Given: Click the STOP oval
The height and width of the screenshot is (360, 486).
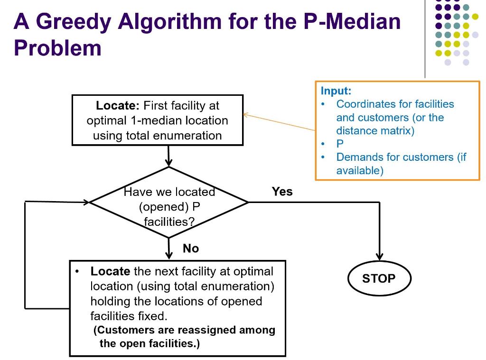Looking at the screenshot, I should (379, 279).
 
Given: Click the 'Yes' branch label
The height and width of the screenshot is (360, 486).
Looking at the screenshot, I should (282, 192).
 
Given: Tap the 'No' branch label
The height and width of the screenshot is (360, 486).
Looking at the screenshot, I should (190, 249).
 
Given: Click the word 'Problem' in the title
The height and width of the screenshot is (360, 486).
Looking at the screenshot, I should (57, 48).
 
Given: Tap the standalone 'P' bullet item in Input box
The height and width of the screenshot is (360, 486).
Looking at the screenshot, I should (340, 144).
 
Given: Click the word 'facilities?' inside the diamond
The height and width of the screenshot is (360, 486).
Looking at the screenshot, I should (169, 222).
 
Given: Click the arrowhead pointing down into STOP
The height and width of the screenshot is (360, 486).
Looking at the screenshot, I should (380, 255).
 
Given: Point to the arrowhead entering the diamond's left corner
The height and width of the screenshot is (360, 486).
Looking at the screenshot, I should (85, 202).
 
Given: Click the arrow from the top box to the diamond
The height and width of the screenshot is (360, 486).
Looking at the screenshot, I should (168, 156).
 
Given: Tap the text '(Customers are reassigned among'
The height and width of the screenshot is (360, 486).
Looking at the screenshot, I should (184, 330).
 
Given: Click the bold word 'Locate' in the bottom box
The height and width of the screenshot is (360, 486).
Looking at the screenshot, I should (110, 272).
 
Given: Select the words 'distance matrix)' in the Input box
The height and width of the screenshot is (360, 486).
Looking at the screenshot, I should (375, 131).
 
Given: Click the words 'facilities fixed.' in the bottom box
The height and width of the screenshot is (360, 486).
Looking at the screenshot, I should (128, 316).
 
